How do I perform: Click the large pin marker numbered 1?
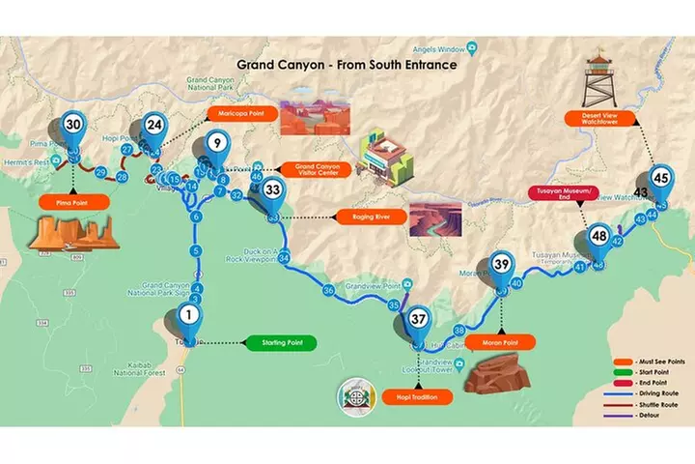pos(189,316)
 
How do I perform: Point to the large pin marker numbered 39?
pos(501,265)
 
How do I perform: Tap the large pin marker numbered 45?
pos(660,180)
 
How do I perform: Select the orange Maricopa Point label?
pos(242,114)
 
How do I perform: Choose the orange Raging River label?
pos(363,217)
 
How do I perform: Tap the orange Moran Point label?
pos(500,343)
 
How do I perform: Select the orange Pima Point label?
pos(72,203)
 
